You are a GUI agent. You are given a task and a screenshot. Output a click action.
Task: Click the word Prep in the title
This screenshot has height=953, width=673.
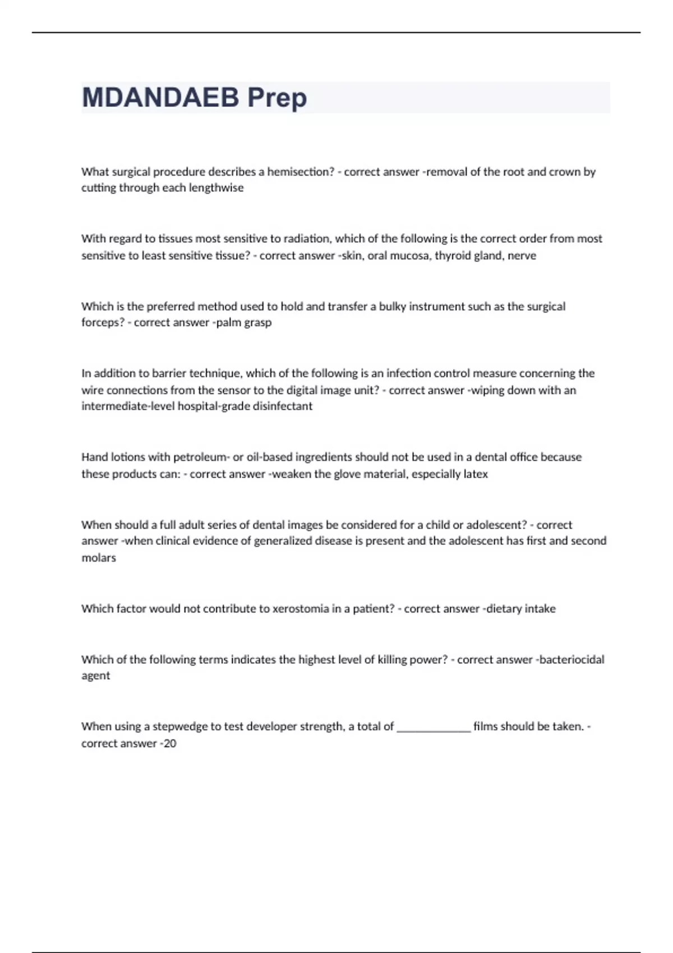[277, 98]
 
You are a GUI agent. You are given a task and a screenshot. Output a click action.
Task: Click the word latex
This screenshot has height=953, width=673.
[476, 474]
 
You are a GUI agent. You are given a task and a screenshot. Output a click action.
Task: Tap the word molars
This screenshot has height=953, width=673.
[99, 558]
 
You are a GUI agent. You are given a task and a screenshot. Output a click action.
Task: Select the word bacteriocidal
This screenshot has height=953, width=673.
[571, 660]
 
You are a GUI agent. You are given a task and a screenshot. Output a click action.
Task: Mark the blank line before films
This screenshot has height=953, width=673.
[434, 728]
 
